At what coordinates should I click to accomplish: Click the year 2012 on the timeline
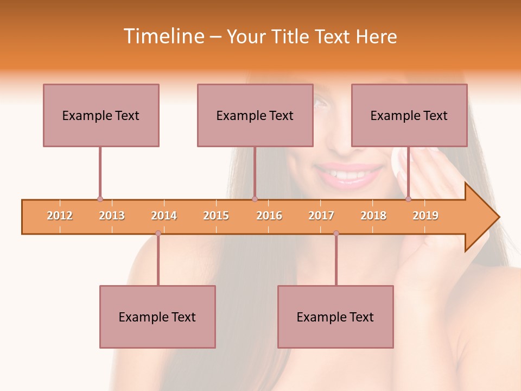(x=60, y=216)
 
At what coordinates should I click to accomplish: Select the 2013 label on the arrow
(x=112, y=216)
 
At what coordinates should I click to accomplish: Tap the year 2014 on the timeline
(x=164, y=216)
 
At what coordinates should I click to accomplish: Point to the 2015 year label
(x=216, y=216)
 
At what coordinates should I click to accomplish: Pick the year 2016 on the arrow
(x=269, y=216)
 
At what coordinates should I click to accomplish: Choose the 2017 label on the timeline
(x=321, y=216)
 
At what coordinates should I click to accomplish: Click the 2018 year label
(x=373, y=216)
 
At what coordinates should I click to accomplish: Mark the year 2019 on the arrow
(x=425, y=216)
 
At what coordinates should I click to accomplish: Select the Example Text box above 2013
(x=101, y=115)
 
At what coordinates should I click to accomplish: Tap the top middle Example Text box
(x=255, y=115)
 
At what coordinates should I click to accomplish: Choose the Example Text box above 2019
(x=409, y=115)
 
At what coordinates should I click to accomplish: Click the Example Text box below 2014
(x=157, y=317)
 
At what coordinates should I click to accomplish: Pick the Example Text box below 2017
(x=335, y=317)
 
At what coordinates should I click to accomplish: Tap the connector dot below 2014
(x=158, y=233)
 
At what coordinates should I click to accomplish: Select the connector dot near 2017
(x=336, y=233)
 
